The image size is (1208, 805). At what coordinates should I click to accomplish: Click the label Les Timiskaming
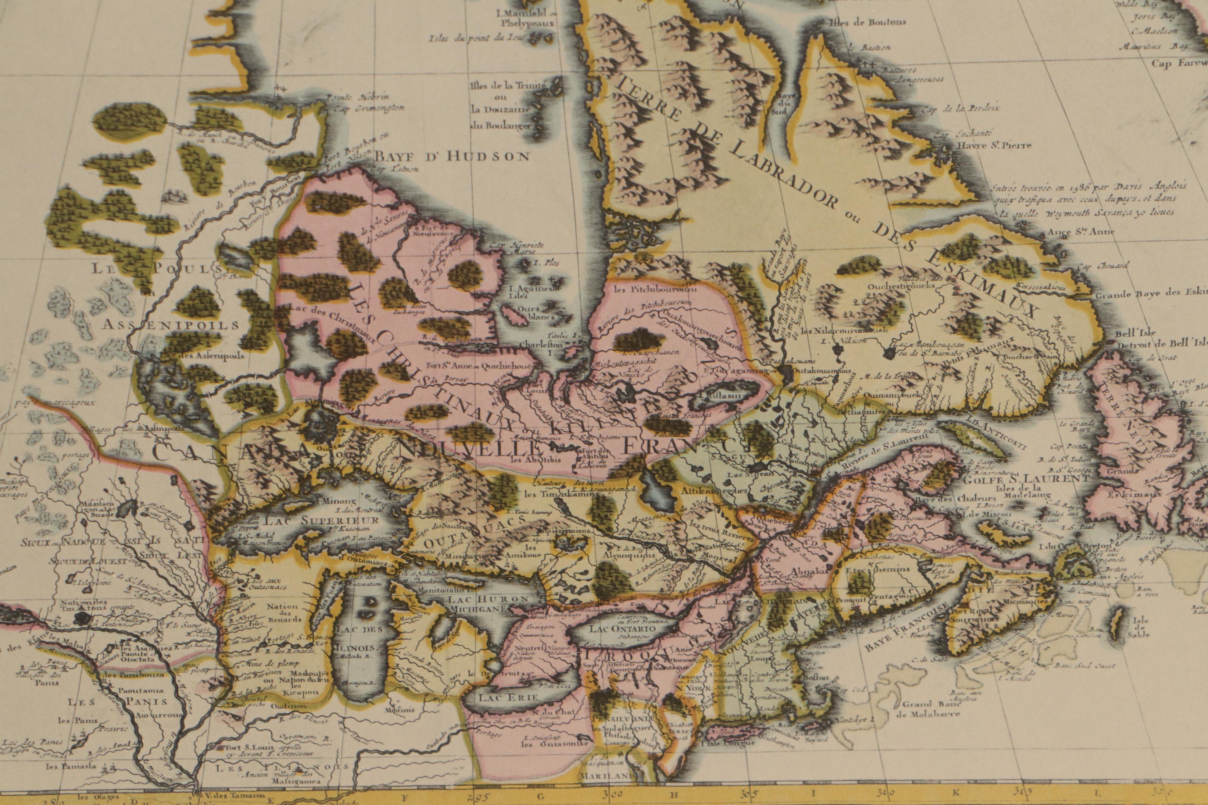coord(555,494)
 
